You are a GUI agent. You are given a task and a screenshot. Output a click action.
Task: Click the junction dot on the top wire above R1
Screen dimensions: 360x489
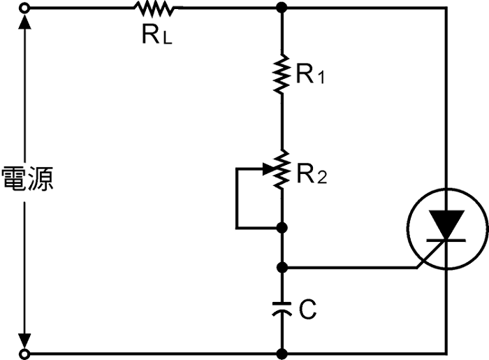[x=282, y=8]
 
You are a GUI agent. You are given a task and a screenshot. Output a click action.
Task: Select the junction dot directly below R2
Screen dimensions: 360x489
[x=282, y=228]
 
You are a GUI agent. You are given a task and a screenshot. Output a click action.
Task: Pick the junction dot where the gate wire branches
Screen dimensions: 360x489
[x=282, y=267]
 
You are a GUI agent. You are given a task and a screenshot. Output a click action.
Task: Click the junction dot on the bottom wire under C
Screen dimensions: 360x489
[x=282, y=354]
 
